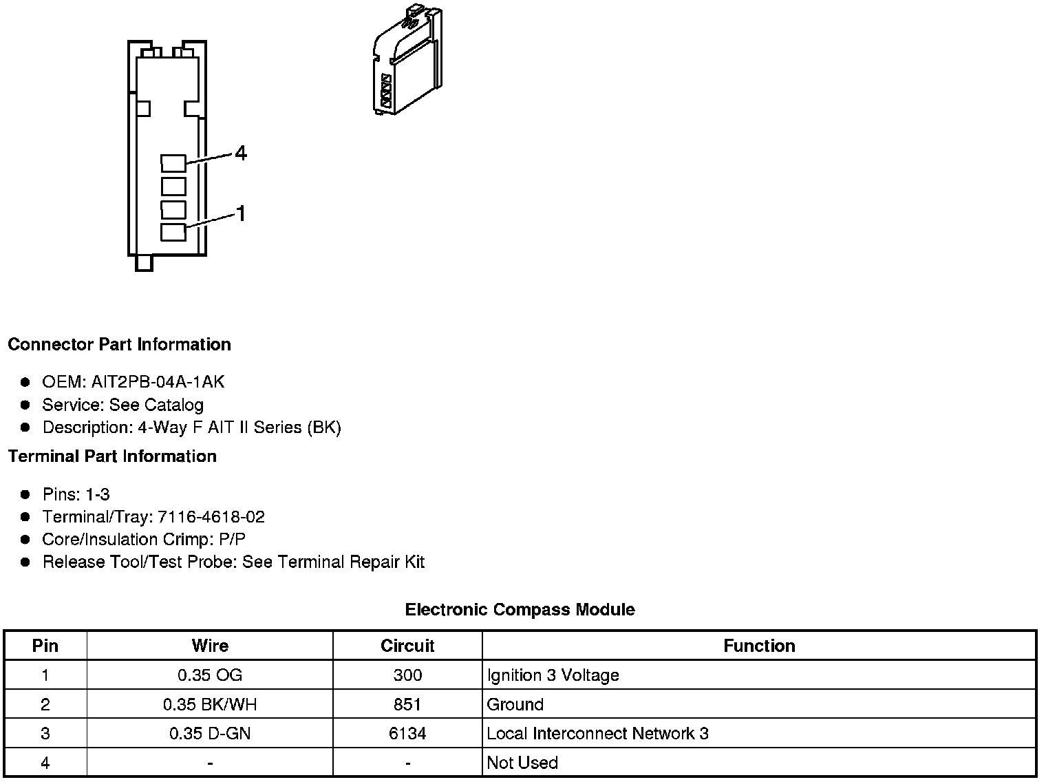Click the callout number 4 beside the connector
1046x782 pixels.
[240, 153]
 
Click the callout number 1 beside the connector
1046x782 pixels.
[241, 214]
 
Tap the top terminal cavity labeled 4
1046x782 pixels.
[173, 162]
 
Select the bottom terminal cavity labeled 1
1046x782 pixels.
[173, 232]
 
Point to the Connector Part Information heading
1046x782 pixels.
[119, 344]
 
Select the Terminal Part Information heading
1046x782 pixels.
[112, 456]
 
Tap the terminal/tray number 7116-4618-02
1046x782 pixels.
[211, 517]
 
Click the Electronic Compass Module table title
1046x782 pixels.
[520, 609]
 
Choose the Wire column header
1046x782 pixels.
[210, 646]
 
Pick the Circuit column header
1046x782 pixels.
[407, 646]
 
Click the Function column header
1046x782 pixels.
[759, 646]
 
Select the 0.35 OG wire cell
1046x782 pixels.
[210, 675]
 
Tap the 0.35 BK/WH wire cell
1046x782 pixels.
[210, 704]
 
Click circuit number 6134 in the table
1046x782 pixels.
[407, 734]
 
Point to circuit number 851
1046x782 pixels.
[407, 704]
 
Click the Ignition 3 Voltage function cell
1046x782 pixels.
[553, 675]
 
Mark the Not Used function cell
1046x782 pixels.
[522, 763]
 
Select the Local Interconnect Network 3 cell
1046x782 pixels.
[597, 734]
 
